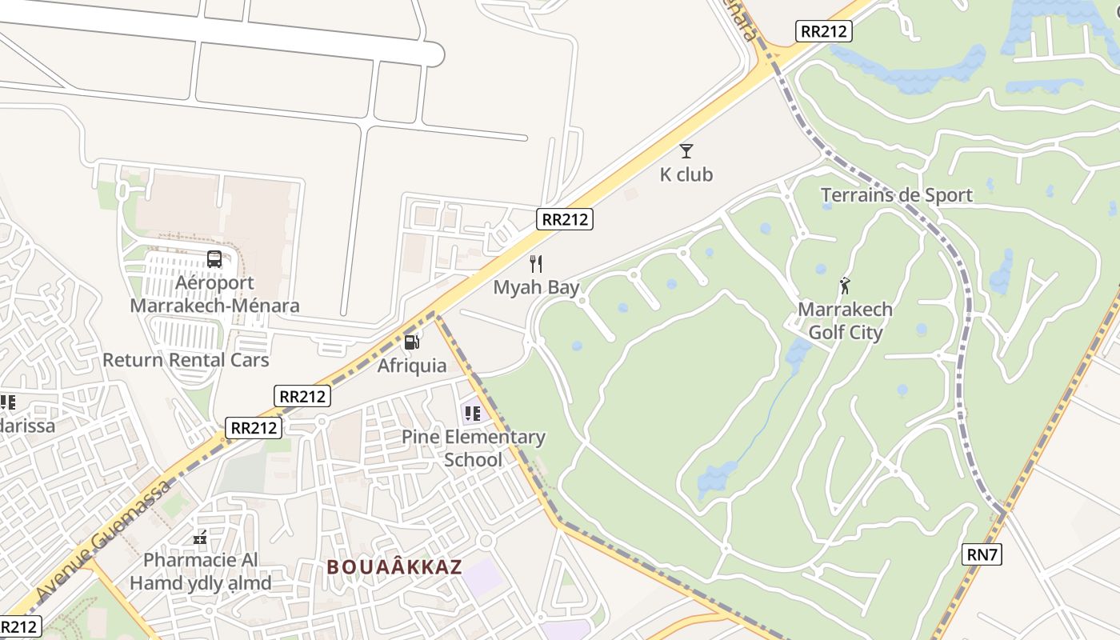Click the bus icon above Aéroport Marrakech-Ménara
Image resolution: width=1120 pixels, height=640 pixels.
click(x=214, y=258)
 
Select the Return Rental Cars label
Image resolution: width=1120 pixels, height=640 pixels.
click(x=186, y=360)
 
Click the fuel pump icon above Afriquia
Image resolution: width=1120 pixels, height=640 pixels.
click(x=412, y=342)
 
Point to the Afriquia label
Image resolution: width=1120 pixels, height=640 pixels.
click(x=412, y=366)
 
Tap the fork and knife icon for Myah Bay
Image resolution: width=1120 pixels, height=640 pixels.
click(x=536, y=263)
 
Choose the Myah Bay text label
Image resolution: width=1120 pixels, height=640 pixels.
click(x=536, y=287)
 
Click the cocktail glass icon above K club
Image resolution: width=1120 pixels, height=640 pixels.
click(x=686, y=150)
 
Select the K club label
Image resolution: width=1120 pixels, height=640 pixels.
click(x=686, y=174)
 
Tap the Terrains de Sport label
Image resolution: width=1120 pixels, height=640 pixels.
click(x=897, y=195)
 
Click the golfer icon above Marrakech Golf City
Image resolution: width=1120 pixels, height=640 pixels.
click(x=845, y=285)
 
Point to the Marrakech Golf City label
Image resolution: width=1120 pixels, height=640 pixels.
click(x=845, y=321)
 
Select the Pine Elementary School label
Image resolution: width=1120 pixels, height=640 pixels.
click(x=474, y=448)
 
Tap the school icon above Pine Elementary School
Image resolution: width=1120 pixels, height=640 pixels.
click(x=472, y=413)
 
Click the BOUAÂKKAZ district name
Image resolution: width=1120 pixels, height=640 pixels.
click(x=394, y=567)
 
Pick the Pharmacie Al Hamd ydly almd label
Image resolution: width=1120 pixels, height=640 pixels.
click(x=200, y=571)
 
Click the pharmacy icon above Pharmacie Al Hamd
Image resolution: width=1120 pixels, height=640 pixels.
click(x=200, y=538)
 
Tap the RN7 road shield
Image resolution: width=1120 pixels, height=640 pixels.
click(x=982, y=554)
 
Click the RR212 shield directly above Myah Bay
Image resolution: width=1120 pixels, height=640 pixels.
click(x=565, y=218)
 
